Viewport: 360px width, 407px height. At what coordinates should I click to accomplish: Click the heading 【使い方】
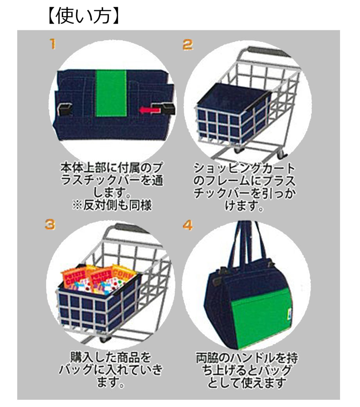coord(84,16)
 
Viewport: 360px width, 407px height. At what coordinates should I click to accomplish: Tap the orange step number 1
coord(53,44)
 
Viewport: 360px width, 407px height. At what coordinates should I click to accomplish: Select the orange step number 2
coord(187,44)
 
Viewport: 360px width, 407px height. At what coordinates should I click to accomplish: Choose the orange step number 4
coord(188,225)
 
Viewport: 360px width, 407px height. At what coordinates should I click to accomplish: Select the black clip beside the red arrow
coord(164,108)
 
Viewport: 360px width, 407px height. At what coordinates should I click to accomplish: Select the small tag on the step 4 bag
coord(290,311)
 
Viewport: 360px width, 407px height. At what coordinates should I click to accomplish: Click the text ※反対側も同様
coord(112,205)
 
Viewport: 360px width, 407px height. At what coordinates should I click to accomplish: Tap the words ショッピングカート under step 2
coord(244,168)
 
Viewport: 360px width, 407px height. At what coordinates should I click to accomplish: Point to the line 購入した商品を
coord(111,357)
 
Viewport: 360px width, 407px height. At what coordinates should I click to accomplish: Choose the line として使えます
coord(247,382)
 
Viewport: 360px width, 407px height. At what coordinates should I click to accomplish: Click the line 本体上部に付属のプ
coord(112,168)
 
